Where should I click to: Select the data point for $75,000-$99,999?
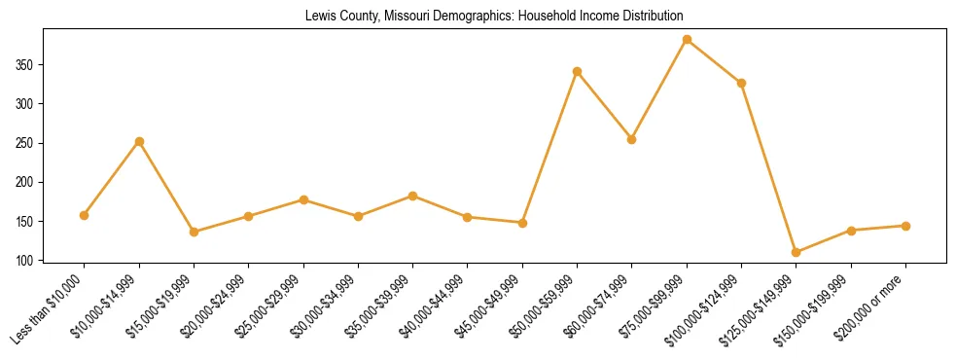pos(687,40)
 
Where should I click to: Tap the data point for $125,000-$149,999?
pos(797,252)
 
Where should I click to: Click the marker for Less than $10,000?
pos(85,215)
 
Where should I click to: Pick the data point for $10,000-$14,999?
pos(139,141)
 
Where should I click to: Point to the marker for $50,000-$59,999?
pos(578,71)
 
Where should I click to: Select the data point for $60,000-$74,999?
pos(632,139)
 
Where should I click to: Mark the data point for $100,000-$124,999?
pos(742,83)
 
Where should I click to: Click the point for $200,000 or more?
pos(906,226)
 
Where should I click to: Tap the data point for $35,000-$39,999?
pos(413,196)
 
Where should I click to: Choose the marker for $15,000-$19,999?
pos(194,232)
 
